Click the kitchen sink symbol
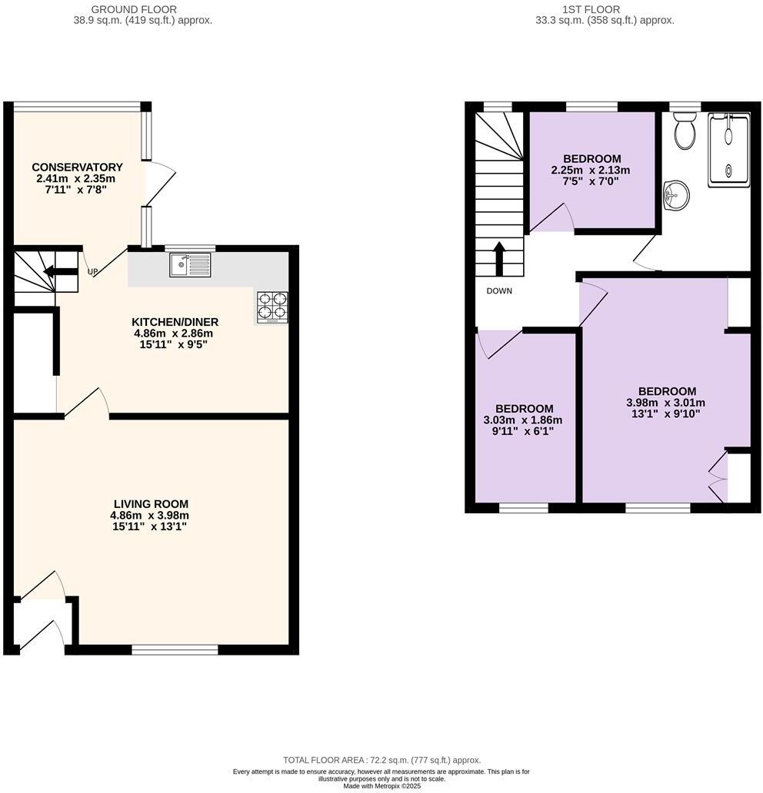pos(190,266)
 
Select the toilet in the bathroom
pos(683,131)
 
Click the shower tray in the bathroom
pos(728,148)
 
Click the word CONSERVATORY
pos(77,167)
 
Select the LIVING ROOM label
pos(150,504)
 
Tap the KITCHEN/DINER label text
pos(175,322)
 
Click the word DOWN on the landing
pos(499,291)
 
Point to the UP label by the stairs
pos(92,271)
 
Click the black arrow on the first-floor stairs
pos(499,258)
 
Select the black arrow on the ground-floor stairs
pos(59,270)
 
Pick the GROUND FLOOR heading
pos(133,9)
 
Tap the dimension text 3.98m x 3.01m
pos(666,403)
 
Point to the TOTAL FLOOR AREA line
pos(381,759)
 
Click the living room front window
pos(175,650)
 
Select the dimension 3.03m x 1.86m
pos(523,420)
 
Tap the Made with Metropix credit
pos(381,786)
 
